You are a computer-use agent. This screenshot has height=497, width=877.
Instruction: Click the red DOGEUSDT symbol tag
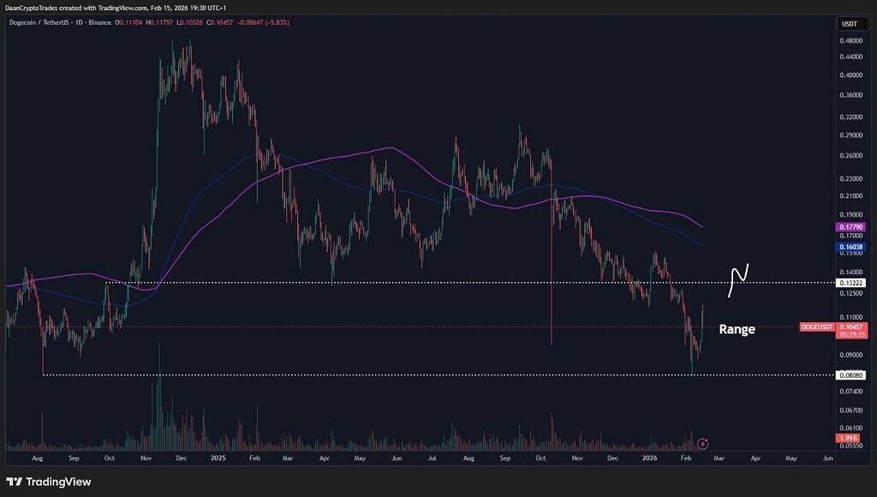point(816,326)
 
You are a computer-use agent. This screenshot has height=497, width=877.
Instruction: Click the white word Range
point(737,329)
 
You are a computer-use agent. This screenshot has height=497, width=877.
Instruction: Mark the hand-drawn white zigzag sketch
point(738,280)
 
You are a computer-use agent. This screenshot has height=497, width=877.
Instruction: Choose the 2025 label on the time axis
point(218,459)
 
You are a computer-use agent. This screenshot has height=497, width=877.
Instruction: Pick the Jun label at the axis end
point(827,459)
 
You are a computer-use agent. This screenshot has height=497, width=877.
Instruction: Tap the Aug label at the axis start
point(37,459)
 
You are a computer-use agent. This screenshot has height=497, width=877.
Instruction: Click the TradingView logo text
point(50,482)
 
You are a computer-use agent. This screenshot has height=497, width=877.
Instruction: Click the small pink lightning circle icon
point(703,443)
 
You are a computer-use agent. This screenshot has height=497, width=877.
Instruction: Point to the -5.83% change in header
point(277,21)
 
